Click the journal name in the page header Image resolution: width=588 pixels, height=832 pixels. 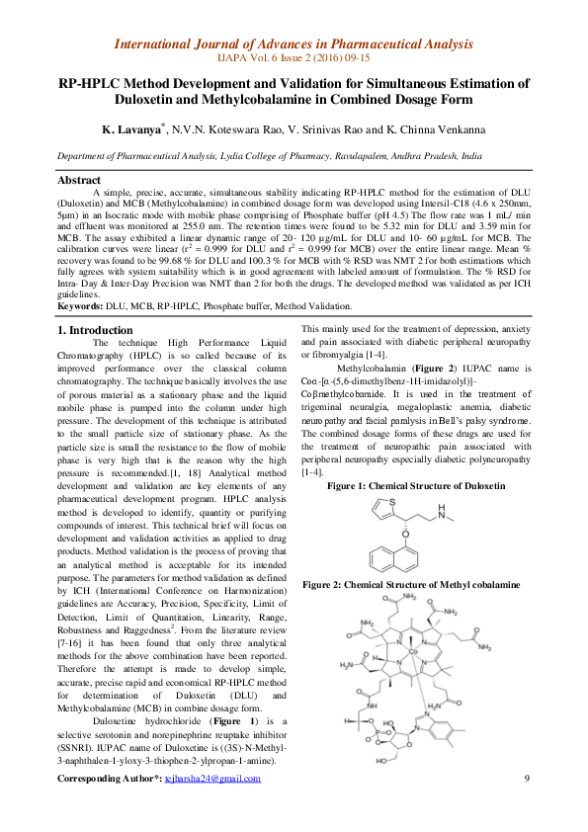pos(294,43)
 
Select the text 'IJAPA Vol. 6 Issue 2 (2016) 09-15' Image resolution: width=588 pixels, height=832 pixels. pos(294,59)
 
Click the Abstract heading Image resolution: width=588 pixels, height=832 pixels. pos(79,180)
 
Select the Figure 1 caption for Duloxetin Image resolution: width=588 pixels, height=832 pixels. pos(416,486)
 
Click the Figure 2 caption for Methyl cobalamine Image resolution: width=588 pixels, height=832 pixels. pos(411,585)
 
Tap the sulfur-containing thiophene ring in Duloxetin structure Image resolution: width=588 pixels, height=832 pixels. pos(379,508)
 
